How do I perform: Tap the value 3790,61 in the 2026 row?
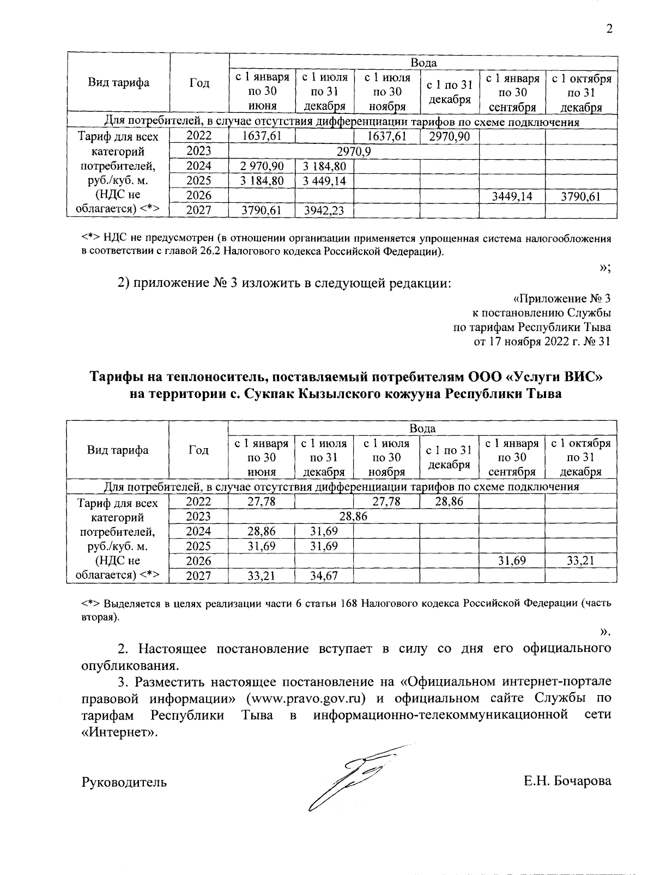point(580,196)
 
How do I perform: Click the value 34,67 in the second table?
point(324,576)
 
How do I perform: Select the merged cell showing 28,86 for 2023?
point(353,516)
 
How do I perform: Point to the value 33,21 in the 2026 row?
point(580,561)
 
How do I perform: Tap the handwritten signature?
point(349,777)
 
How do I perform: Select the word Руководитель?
point(124,782)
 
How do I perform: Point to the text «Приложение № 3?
point(561,299)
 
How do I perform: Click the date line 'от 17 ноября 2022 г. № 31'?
point(542,342)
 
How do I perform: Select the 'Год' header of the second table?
point(198,450)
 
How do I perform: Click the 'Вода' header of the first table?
point(423,63)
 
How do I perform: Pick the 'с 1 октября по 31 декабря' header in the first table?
point(581,93)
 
